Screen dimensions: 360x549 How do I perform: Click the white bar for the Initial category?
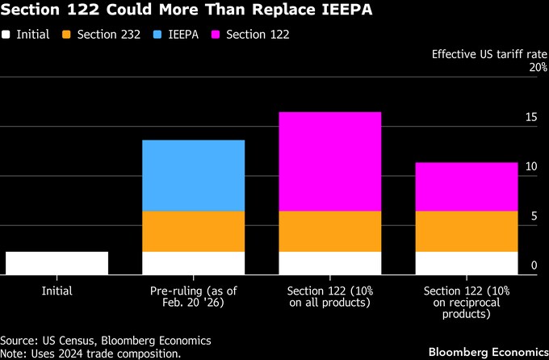tap(57, 263)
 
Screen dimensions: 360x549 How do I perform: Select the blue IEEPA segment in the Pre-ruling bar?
tap(193, 175)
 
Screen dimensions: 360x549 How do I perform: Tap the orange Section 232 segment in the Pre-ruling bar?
tap(193, 231)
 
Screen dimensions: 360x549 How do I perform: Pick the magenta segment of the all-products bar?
tap(329, 161)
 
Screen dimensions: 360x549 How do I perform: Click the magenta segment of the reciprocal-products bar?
tap(466, 186)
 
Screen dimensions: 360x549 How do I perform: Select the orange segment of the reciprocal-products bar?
tap(466, 231)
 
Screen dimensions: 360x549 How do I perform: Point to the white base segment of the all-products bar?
tap(329, 263)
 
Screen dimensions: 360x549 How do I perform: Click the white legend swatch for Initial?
tap(6, 35)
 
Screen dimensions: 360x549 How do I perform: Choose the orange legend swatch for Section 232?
tap(67, 35)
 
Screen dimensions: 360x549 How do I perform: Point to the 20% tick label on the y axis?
tap(538, 68)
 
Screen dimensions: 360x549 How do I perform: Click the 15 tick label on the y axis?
tap(530, 118)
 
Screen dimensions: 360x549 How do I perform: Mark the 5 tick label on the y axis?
tap(534, 216)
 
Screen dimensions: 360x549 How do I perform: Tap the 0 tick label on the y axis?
tap(534, 266)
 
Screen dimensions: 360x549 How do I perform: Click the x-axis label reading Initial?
tap(57, 291)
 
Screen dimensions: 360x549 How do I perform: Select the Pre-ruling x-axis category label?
tap(193, 296)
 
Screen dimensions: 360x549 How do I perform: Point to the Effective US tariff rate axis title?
tap(489, 54)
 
